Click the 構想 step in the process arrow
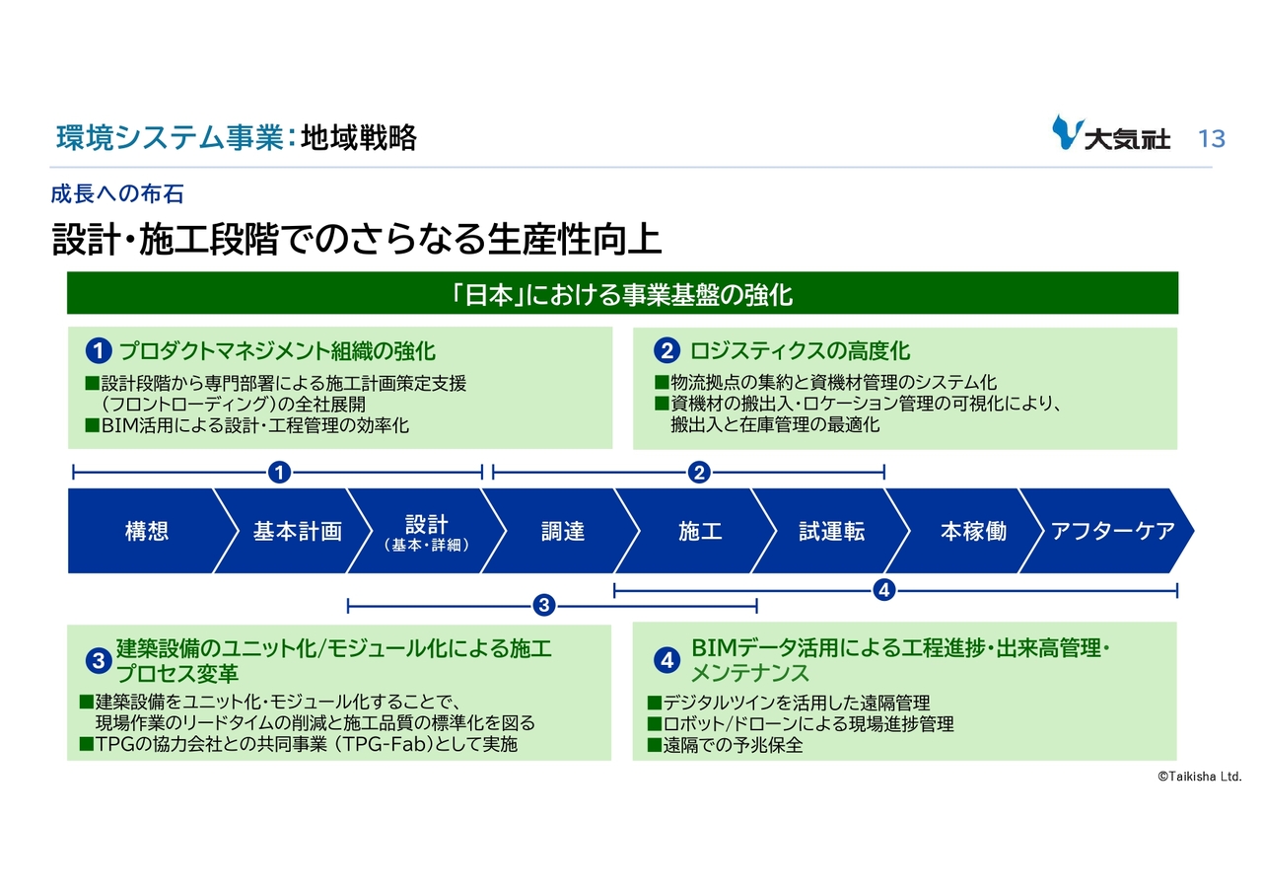pyautogui.click(x=146, y=531)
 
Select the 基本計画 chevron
pyautogui.click(x=297, y=531)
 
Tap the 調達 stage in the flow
pyautogui.click(x=563, y=531)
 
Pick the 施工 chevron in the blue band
pyautogui.click(x=700, y=531)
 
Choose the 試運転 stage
pyautogui.click(x=831, y=531)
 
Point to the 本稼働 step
pyautogui.click(x=972, y=531)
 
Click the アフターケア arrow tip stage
pyautogui.click(x=1113, y=531)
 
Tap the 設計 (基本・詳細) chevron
pyautogui.click(x=426, y=531)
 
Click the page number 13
pyautogui.click(x=1211, y=138)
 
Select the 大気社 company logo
pyautogui.click(x=1111, y=134)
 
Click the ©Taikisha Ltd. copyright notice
pyautogui.click(x=1199, y=777)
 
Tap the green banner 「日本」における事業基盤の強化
pyautogui.click(x=621, y=294)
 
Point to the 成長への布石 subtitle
pyautogui.click(x=117, y=193)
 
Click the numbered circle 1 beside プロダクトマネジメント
pyautogui.click(x=98, y=351)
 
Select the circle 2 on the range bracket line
pyautogui.click(x=699, y=473)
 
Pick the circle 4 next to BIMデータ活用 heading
pyautogui.click(x=667, y=661)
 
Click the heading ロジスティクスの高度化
pyautogui.click(x=799, y=350)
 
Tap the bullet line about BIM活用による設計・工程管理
pyautogui.click(x=246, y=425)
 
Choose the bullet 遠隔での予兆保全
pyautogui.click(x=725, y=745)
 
